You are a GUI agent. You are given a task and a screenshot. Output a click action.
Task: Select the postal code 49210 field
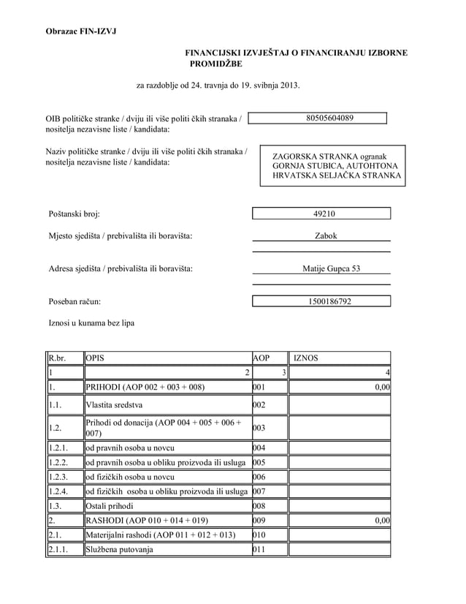pos(321,214)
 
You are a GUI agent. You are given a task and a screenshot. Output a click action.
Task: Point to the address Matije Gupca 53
pos(331,268)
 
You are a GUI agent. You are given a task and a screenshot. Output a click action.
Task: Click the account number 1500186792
pos(321,301)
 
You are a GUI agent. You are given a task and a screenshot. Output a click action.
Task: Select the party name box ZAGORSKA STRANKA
pos(332,166)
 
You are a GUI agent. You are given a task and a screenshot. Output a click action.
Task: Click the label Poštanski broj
pos(73,214)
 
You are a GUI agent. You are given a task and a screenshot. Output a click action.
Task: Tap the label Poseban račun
pos(73,301)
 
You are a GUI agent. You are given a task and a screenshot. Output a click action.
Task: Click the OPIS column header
pos(96,358)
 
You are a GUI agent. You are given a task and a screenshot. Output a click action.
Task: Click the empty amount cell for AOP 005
pos(339,461)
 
